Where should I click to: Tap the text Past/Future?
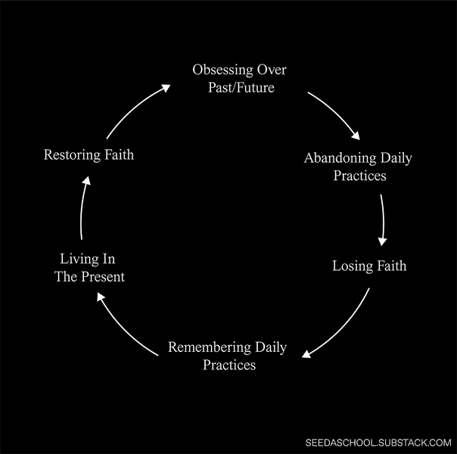coord(241,87)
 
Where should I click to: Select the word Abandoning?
coord(338,158)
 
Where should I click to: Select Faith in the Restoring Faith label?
coord(118,155)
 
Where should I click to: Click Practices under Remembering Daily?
coord(229,365)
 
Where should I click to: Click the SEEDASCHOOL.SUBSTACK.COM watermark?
coord(378,443)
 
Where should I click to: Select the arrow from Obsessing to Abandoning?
coord(335,115)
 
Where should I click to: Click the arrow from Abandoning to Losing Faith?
coord(383,219)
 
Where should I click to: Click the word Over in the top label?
coord(272,70)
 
